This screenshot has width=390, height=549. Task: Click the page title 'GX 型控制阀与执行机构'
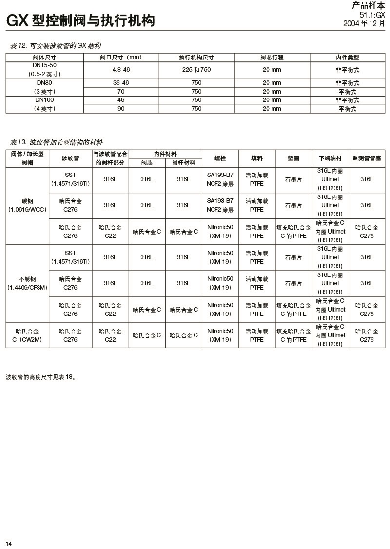pyautogui.click(x=80, y=20)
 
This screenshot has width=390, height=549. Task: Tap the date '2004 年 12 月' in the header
pyautogui.click(x=364, y=23)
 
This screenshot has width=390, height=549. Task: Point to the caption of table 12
pyautogui.click(x=56, y=46)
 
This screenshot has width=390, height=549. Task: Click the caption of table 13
pyautogui.click(x=57, y=142)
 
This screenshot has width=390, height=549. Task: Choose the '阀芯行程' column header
pyautogui.click(x=272, y=57)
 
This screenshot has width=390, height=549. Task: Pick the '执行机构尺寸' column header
pyautogui.click(x=196, y=57)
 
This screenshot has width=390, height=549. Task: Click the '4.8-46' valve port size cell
pyautogui.click(x=121, y=70)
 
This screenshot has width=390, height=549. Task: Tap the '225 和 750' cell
pyautogui.click(x=196, y=70)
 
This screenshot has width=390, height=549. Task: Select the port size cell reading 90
pyautogui.click(x=121, y=109)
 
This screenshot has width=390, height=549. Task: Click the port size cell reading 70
pyautogui.click(x=121, y=92)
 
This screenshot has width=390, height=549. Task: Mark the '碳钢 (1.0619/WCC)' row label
pyautogui.click(x=27, y=205)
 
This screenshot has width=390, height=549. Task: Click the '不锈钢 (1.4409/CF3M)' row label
pyautogui.click(x=27, y=283)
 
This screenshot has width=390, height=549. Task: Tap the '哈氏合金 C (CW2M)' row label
pyautogui.click(x=27, y=335)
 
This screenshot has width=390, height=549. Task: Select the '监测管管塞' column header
pyautogui.click(x=367, y=158)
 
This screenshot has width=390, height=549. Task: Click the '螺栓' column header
pyautogui.click(x=220, y=158)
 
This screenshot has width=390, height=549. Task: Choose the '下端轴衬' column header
pyautogui.click(x=330, y=158)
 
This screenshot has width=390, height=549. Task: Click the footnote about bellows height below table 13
pyautogui.click(x=41, y=377)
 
